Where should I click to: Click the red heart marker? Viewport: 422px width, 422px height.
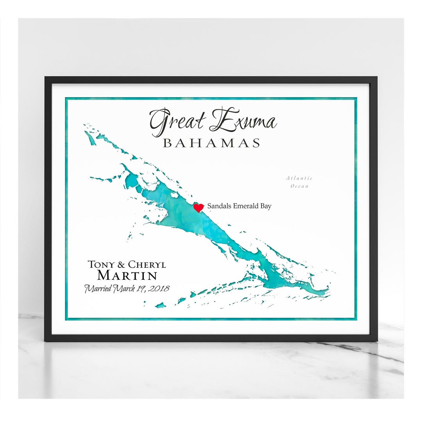pos(198,207)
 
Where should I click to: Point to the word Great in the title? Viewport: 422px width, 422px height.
pos(178,121)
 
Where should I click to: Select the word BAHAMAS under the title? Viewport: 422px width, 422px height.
pos(211,143)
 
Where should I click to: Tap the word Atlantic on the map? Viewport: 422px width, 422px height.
pos(299,178)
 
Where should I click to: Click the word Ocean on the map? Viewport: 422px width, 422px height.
pos(299,186)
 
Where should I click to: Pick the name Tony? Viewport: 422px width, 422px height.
pos(101,265)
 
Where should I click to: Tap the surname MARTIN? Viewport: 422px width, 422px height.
pos(127,275)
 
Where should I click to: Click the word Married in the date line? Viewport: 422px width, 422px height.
pos(98,289)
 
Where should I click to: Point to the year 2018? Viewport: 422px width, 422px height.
pos(159,289)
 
